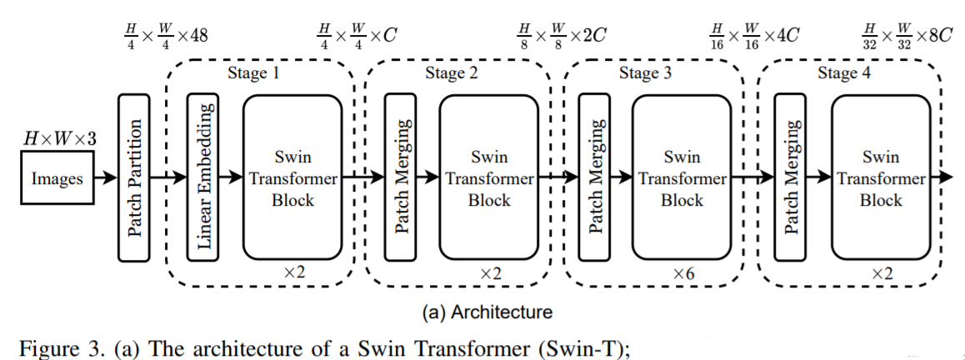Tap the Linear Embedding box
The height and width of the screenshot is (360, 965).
pos(202,177)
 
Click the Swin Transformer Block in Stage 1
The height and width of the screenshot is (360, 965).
pos(292,177)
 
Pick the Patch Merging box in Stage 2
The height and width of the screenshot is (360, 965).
pos(400,177)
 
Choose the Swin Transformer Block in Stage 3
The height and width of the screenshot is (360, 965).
pos(681,177)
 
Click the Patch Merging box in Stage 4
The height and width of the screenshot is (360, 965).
pos(791,177)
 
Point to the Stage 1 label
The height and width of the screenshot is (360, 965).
pos(254,73)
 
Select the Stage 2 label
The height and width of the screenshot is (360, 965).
pos(451,73)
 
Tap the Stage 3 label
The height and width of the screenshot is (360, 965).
pos(645,73)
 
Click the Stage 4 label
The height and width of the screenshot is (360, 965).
pos(842,73)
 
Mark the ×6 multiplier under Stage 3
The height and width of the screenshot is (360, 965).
pos(683,273)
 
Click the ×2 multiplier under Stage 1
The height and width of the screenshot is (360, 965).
pos(294,273)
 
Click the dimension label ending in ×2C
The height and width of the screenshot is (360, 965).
pos(559,35)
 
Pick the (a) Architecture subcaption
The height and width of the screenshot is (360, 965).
pos(487,312)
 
